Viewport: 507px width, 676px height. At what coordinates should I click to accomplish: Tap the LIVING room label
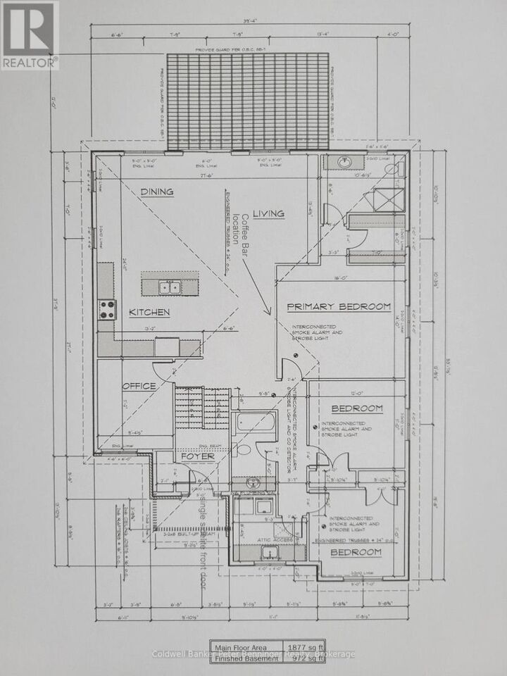click(x=268, y=213)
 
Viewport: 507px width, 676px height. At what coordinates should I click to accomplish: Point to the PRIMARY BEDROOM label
click(x=339, y=306)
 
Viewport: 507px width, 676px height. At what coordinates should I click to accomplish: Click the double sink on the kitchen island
click(x=168, y=287)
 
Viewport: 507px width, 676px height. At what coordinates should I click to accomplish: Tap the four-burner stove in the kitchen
click(x=106, y=308)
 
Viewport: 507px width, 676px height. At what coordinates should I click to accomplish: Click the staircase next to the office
click(x=201, y=407)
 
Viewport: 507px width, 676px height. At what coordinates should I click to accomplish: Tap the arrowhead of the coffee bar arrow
click(x=268, y=311)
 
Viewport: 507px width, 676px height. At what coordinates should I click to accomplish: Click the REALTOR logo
click(x=30, y=35)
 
